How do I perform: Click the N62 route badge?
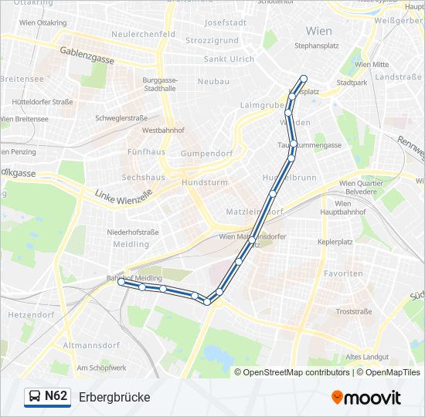tap(46, 396)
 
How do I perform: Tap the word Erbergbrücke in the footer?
tap(114, 397)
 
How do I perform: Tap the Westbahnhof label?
tap(161, 131)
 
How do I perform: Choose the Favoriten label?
tap(344, 273)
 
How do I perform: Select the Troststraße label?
tap(354, 311)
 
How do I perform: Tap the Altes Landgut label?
tap(367, 356)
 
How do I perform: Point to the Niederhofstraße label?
tap(133, 232)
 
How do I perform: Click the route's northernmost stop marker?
tap(304, 78)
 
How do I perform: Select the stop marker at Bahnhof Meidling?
tap(121, 283)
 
